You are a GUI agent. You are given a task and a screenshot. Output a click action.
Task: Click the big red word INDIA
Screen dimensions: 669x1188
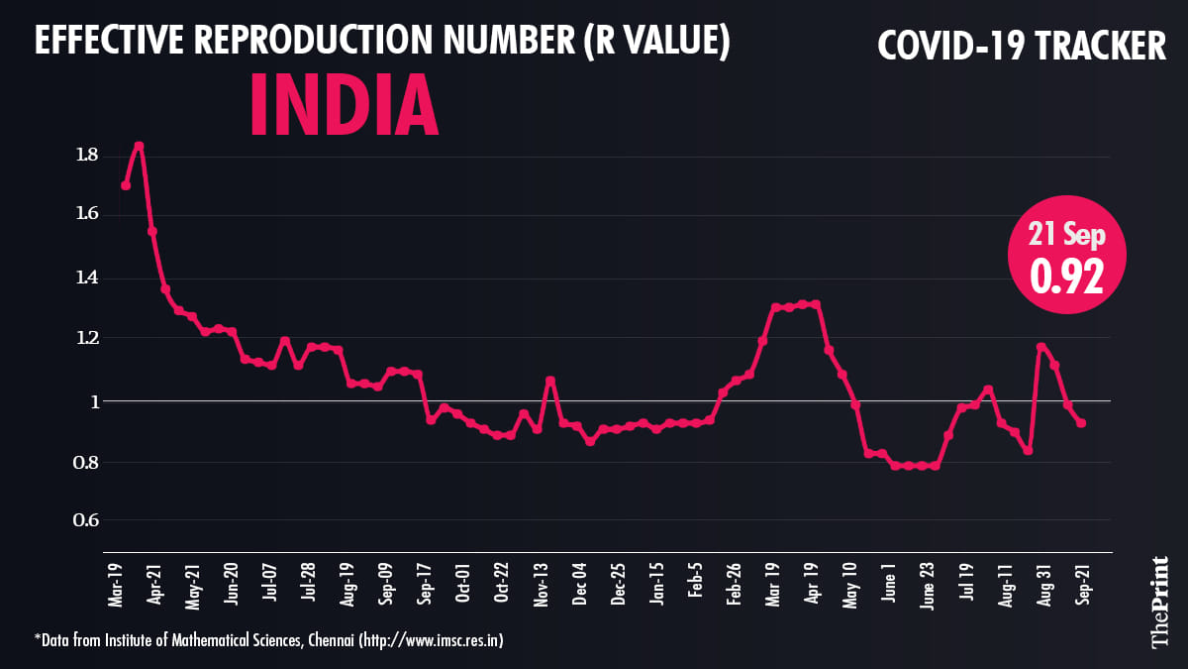pos(344,103)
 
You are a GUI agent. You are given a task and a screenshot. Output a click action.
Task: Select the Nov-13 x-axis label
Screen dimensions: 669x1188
pos(542,585)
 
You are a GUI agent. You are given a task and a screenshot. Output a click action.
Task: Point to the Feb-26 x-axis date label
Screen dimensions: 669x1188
pos(735,585)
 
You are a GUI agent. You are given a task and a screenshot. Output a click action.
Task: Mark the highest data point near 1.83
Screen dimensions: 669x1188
pos(140,146)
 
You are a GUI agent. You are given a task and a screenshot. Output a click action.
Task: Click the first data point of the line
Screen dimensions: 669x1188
pos(126,185)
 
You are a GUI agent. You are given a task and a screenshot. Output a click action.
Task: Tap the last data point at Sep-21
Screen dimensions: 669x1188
pos(1081,423)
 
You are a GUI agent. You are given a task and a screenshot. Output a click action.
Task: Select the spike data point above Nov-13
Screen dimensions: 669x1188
pos(550,381)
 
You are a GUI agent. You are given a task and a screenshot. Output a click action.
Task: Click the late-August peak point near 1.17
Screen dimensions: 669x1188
pos(1040,347)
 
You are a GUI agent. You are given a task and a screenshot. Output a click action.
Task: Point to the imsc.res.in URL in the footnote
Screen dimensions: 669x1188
pos(432,641)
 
